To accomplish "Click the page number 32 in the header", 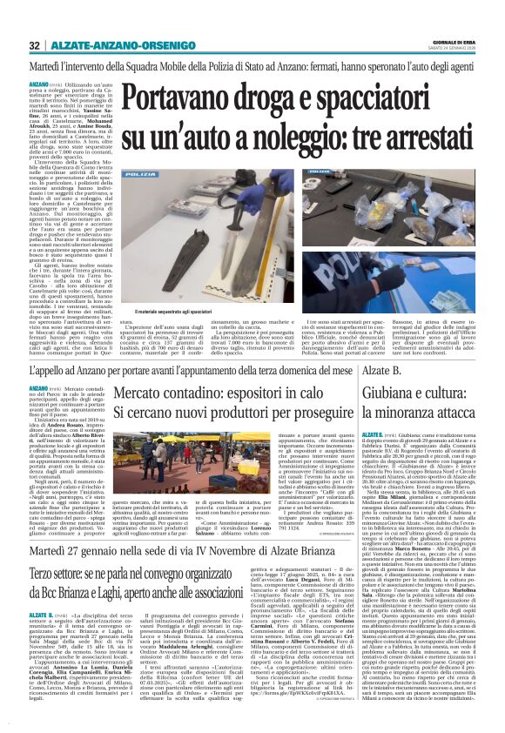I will pos(35,45).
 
